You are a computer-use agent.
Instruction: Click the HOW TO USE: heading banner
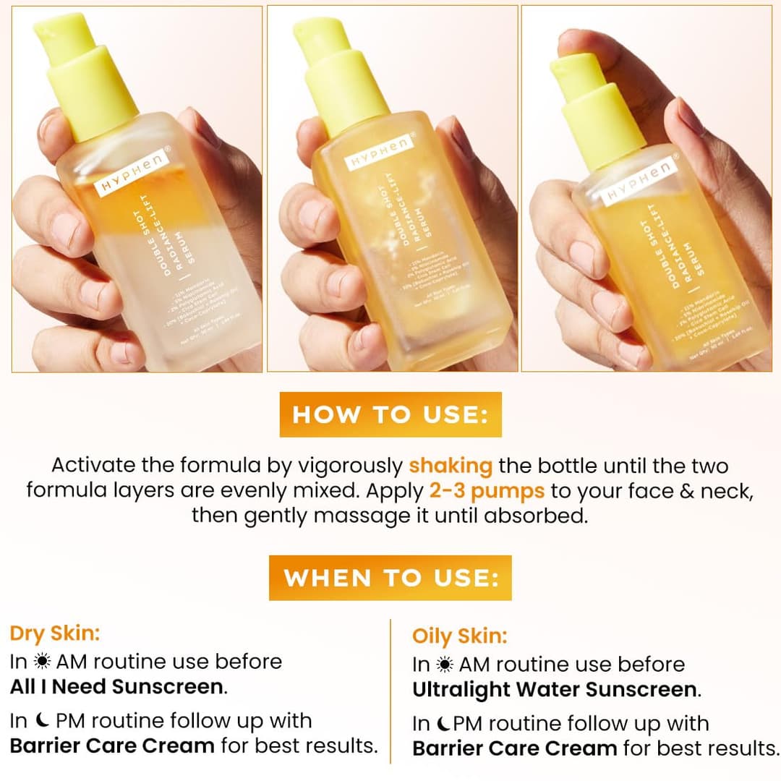(x=390, y=415)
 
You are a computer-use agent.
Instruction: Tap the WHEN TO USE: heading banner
(x=390, y=578)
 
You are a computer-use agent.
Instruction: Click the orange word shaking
(x=451, y=465)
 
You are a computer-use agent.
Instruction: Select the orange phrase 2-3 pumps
(x=487, y=490)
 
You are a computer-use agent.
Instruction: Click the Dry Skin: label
(x=55, y=633)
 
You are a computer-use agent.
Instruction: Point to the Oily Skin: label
(x=460, y=636)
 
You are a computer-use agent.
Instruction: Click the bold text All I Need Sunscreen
(x=119, y=686)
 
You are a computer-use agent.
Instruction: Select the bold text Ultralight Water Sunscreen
(x=555, y=689)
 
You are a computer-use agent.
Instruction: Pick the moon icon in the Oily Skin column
(x=443, y=724)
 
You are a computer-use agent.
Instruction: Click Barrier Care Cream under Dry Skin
(x=112, y=745)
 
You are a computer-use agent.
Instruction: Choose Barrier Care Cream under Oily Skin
(x=515, y=748)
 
